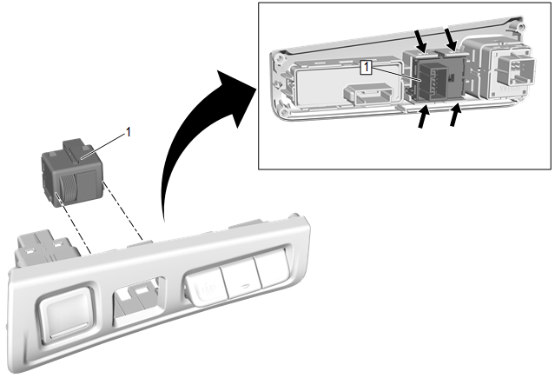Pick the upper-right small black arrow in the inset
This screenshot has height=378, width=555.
click(451, 36)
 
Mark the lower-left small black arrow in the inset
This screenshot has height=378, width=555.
click(425, 119)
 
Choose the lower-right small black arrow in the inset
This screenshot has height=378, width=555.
click(454, 116)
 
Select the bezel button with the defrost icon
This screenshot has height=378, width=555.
click(204, 284)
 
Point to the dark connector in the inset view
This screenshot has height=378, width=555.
click(432, 79)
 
